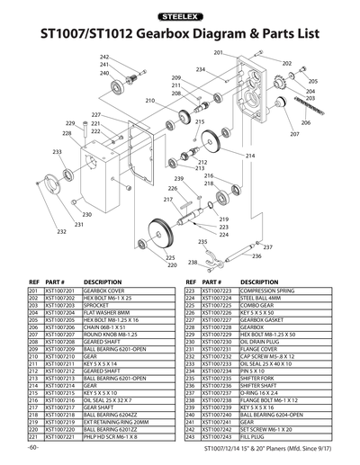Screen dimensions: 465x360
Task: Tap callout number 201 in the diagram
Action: tap(218, 54)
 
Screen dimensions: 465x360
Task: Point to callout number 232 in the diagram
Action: tap(61, 232)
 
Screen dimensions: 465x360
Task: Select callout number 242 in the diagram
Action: tap(104, 57)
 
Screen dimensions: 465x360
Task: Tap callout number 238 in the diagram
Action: tap(192, 263)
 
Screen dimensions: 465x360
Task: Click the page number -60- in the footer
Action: tap(33, 447)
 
